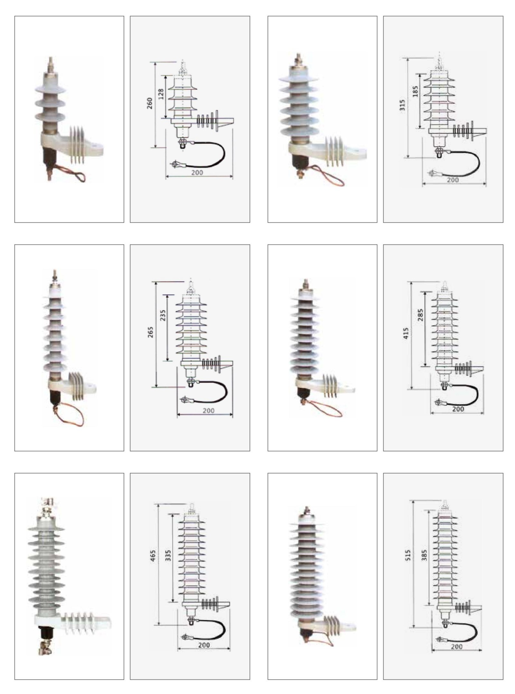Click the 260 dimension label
(x=150, y=103)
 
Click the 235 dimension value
(x=162, y=316)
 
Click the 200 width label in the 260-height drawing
(x=197, y=172)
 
